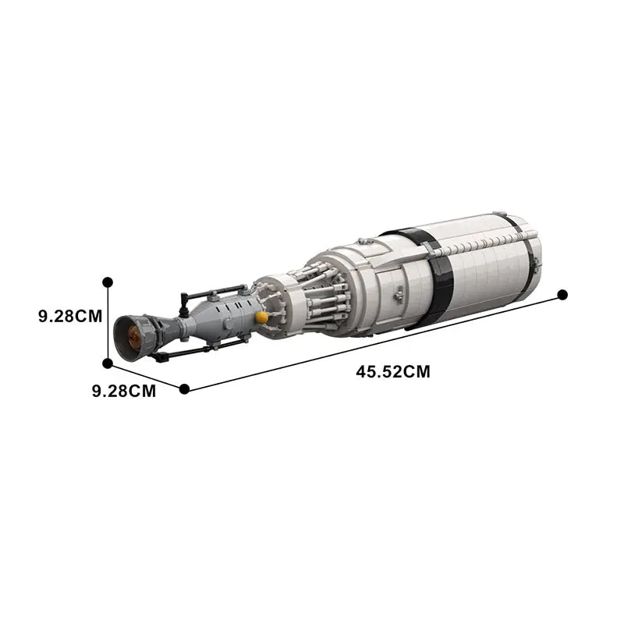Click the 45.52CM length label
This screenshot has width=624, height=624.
point(393,372)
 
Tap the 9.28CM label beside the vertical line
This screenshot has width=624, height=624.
point(70,317)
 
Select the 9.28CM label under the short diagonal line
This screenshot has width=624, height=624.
point(124,391)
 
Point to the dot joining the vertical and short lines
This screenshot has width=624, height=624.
point(108,363)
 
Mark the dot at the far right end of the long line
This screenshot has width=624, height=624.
point(562,294)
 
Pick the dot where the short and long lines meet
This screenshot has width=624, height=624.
point(184,388)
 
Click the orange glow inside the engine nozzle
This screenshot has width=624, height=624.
point(134,338)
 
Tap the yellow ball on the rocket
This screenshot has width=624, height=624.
point(262,317)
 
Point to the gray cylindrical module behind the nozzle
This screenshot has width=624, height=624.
point(222,316)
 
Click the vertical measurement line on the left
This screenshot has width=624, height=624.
point(108,321)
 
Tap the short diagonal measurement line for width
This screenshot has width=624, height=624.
point(146,376)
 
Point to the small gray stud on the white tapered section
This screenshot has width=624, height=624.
point(399,296)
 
